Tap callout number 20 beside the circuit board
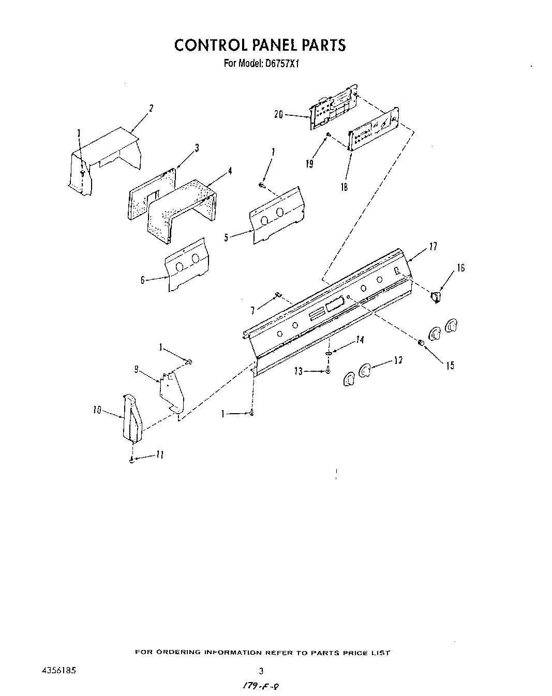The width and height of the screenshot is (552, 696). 278,115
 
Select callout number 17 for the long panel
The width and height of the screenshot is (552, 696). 433,247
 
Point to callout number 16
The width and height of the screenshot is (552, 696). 460,268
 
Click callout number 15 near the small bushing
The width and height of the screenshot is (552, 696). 450,366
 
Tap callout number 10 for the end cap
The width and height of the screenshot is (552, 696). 97,411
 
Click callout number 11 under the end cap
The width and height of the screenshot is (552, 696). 160,455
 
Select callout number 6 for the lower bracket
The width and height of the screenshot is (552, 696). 142,280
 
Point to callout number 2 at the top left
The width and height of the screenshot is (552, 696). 151,109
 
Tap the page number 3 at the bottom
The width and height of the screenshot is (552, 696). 261,671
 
